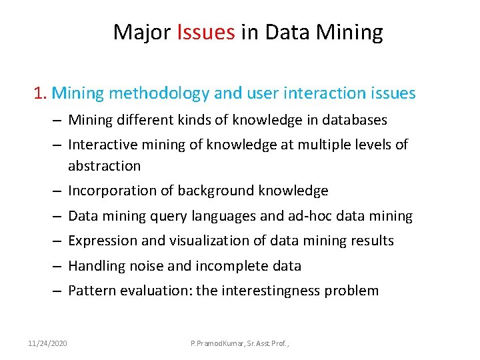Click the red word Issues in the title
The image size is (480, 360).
coord(206,32)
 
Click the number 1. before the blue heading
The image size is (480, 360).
coord(41,93)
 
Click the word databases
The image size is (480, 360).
coord(354,121)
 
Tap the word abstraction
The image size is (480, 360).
coord(105,166)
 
